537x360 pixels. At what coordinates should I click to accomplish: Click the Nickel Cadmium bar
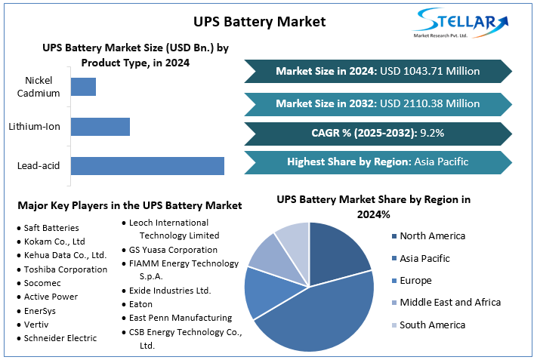pos(83,87)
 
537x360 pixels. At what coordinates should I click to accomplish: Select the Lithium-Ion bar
pos(100,126)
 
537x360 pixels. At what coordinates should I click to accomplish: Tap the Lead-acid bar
pos(147,166)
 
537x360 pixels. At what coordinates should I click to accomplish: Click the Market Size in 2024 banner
pos(378,71)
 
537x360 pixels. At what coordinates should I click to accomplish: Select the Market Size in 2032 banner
pos(378,103)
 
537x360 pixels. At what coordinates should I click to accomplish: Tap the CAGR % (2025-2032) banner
pos(378,133)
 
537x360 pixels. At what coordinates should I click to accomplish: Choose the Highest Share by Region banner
pos(378,162)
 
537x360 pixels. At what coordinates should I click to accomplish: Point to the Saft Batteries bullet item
pos(51,228)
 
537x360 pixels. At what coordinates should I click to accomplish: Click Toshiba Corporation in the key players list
pos(65,269)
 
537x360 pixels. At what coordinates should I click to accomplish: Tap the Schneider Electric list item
pos(60,338)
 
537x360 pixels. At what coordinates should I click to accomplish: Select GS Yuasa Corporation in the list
pos(173,250)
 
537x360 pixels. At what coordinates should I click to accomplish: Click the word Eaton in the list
pos(141,304)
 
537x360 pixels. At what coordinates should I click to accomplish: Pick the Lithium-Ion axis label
pos(35,126)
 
